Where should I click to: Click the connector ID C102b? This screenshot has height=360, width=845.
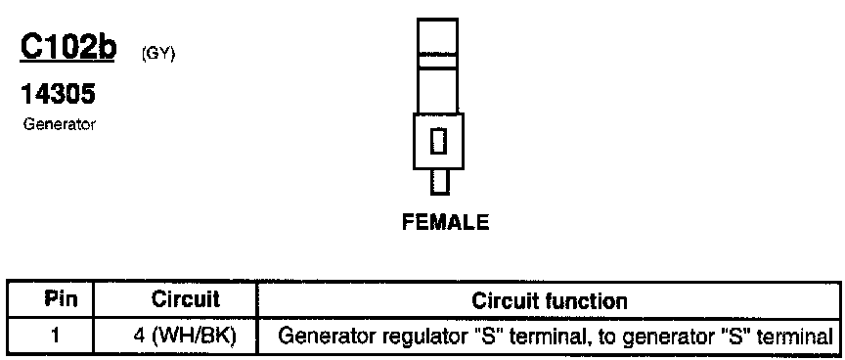pos(67,47)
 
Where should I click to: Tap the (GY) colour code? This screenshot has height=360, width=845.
pos(158,55)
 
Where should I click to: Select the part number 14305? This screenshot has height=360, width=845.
pos(58,94)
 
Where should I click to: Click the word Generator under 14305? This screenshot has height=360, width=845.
pos(60,125)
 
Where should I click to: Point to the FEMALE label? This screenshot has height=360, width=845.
pos(446,222)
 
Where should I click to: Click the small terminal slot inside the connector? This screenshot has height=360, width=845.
pos(439,141)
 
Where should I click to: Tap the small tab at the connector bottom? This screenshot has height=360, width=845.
pos(439,182)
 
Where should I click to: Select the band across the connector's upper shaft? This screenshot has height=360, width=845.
pos(437,61)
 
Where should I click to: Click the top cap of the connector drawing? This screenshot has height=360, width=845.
pos(437,36)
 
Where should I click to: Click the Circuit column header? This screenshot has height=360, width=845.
pos(186,299)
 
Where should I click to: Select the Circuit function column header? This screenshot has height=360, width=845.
pos(550,300)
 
